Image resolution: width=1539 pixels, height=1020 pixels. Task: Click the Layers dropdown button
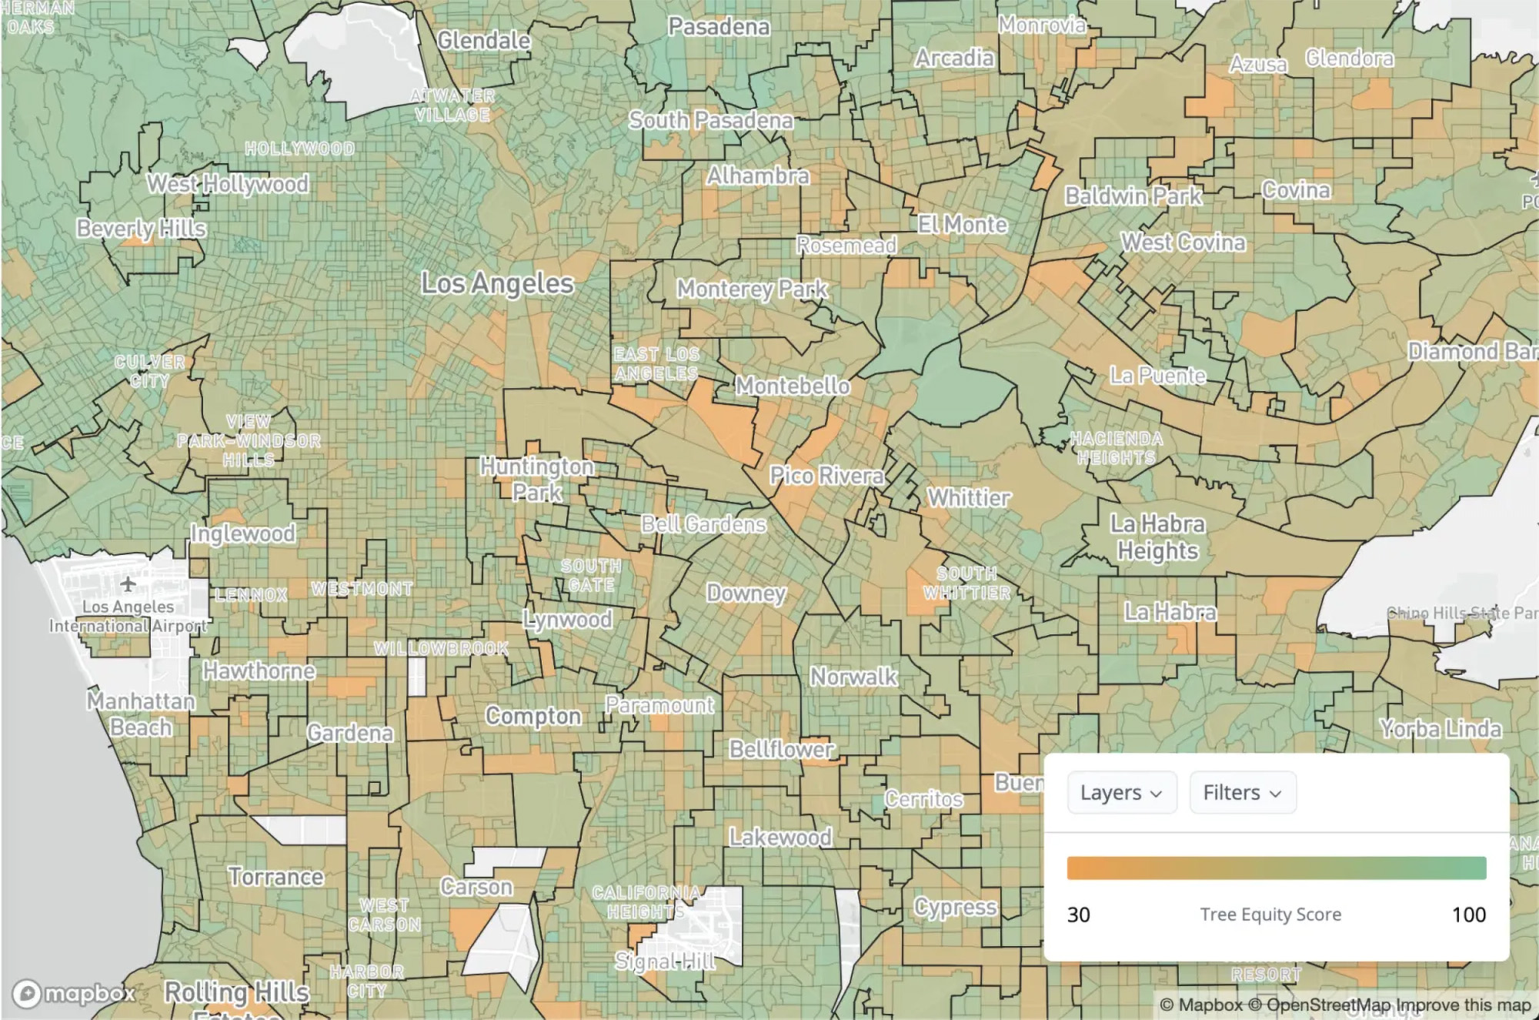[x=1121, y=793]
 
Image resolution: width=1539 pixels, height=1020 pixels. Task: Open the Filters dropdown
[x=1242, y=793]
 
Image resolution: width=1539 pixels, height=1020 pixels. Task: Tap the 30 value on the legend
[x=1078, y=915]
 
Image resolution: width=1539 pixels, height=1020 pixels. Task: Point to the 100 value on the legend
[x=1468, y=915]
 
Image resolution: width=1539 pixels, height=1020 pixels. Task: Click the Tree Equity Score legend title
[x=1270, y=915]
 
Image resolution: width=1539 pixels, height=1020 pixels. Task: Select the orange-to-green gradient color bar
[x=1276, y=868]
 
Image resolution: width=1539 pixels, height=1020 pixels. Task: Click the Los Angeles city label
[x=497, y=283]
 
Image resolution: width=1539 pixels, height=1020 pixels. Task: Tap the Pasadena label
[x=719, y=27]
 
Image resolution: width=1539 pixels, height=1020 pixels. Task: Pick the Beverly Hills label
[x=142, y=229]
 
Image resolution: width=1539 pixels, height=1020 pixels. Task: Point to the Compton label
[x=532, y=716]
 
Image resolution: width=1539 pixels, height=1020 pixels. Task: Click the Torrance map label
[x=275, y=877]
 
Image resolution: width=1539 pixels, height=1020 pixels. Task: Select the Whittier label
[x=969, y=498]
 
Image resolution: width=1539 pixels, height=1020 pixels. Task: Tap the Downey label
[x=746, y=593]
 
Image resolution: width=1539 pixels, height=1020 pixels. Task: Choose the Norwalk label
[x=853, y=677]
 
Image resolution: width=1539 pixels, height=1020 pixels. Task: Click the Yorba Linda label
[x=1440, y=728]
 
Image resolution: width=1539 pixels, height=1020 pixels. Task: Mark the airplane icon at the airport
[x=128, y=584]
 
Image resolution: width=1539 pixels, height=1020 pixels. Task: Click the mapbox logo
[x=74, y=994]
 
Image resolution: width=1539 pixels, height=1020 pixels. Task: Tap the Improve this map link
[x=1463, y=1005]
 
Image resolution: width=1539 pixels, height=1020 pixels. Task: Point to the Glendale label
[x=484, y=40]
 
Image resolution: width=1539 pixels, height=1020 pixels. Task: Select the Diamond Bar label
[x=1471, y=352]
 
